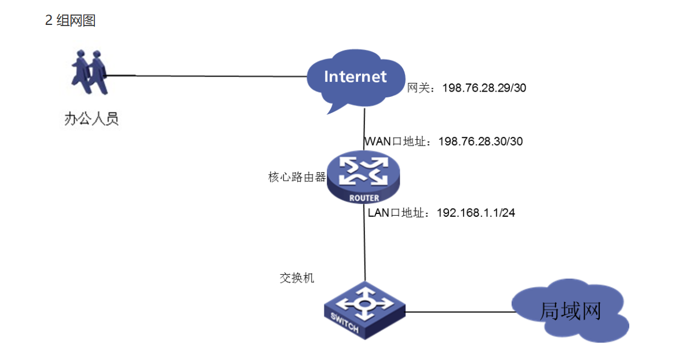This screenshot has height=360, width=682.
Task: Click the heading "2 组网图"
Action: [x=70, y=21]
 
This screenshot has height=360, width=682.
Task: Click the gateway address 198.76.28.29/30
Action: [x=484, y=88]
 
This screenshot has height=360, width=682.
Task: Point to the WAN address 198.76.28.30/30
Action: [x=480, y=141]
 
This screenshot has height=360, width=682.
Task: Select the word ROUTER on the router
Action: [x=364, y=198]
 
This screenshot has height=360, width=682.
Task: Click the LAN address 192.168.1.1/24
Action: [x=476, y=213]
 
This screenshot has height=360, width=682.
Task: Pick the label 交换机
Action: [x=297, y=278]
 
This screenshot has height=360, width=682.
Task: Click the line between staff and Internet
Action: [x=209, y=75]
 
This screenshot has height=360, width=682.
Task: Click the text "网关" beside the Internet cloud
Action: [x=418, y=88]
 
